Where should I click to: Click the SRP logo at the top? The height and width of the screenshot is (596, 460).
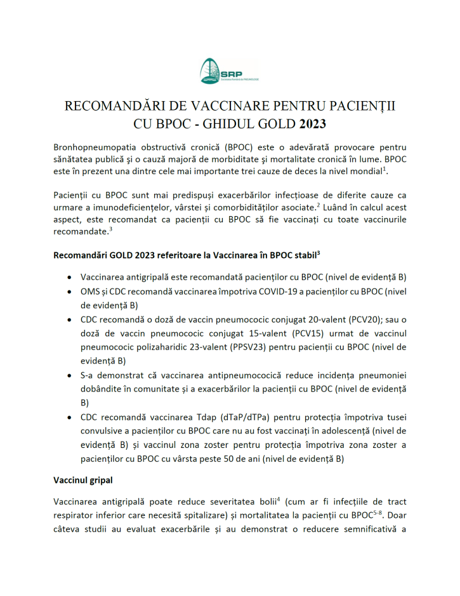point(229,72)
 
